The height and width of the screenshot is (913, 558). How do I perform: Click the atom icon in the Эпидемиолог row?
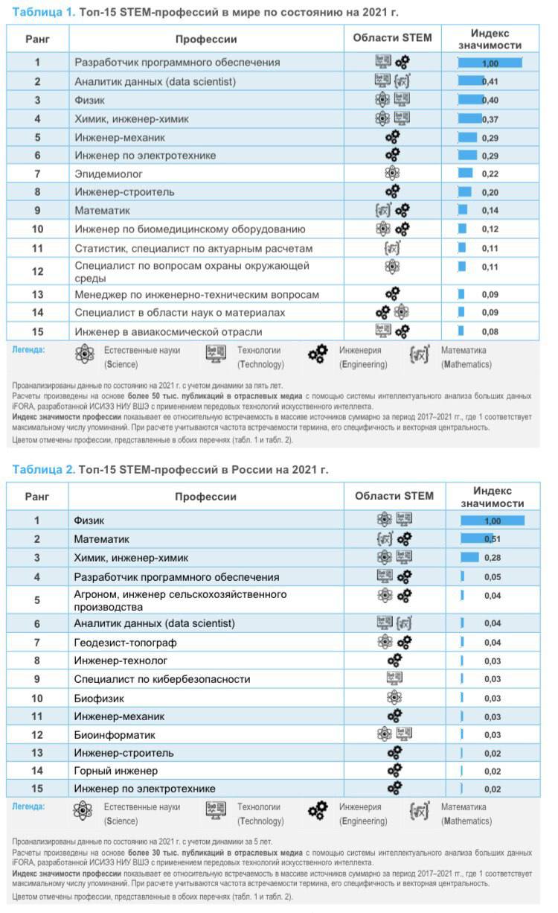(392, 174)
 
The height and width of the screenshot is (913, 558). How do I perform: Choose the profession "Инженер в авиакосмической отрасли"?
(168, 331)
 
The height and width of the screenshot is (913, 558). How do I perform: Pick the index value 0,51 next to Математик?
(492, 538)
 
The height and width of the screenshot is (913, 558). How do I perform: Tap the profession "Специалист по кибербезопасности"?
(162, 679)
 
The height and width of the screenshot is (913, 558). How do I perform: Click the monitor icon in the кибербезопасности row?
(394, 678)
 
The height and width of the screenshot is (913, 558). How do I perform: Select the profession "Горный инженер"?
(116, 770)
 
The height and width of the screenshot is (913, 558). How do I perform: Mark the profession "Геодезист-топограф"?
(126, 642)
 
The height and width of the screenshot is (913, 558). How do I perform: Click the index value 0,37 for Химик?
(490, 118)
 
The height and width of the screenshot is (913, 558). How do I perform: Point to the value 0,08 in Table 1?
(490, 331)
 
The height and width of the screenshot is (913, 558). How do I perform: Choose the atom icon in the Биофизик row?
(394, 698)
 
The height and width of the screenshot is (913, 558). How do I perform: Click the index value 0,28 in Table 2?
(493, 558)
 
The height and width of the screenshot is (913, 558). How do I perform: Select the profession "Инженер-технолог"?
(121, 660)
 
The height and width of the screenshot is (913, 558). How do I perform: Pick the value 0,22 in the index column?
(490, 174)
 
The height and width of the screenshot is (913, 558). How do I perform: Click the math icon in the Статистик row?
(392, 248)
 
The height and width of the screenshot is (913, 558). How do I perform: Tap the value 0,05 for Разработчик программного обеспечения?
(493, 577)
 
